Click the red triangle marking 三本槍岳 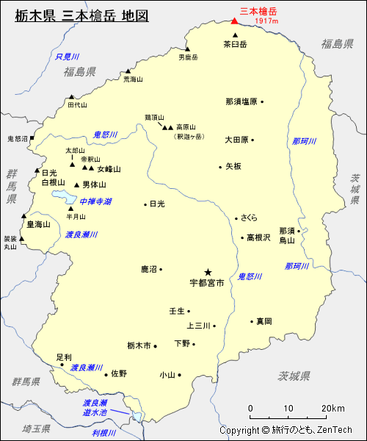pyautogui.click(x=234, y=21)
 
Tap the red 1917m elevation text pyautogui.click(x=267, y=21)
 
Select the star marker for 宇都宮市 pyautogui.click(x=208, y=271)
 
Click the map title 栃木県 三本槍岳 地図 pyautogui.click(x=81, y=15)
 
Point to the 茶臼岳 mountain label pyautogui.click(x=235, y=44)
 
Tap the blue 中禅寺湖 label pyautogui.click(x=96, y=201)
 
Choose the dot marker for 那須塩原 pyautogui.click(x=262, y=101)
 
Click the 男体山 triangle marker pyautogui.click(x=76, y=184)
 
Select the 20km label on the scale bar pyautogui.click(x=333, y=409)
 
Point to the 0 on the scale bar pyautogui.click(x=251, y=409)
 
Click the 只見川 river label pyautogui.click(x=67, y=57)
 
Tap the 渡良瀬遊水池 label pyautogui.click(x=95, y=408)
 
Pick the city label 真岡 pyautogui.click(x=264, y=321)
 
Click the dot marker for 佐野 pyautogui.click(x=107, y=373)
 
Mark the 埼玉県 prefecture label pyautogui.click(x=35, y=428)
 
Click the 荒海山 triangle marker pyautogui.click(x=128, y=71)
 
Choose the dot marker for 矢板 pyautogui.click(x=219, y=167)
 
